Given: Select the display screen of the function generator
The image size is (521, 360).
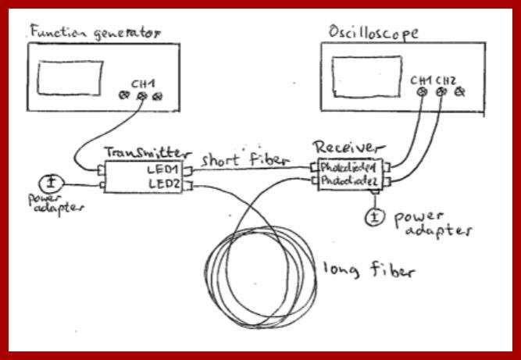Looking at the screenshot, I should click(69, 78).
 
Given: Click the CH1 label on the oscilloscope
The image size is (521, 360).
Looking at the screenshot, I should click(420, 80).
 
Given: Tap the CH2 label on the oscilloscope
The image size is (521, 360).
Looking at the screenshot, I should click(445, 80).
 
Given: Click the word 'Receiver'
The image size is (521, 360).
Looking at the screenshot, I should click(348, 148).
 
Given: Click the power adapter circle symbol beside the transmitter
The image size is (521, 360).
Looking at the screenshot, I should click(52, 184).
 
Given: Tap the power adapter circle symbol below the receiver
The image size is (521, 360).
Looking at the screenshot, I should click(375, 216).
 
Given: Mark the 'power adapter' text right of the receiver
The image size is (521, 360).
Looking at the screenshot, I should click(431, 222).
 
